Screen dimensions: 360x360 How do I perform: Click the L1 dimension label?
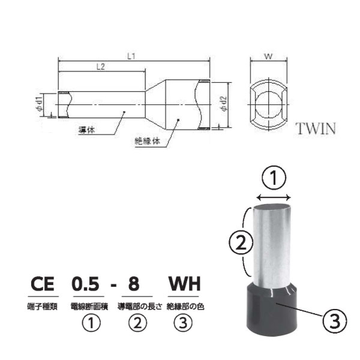click(x=131, y=56)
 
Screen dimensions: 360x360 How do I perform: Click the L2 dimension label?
click(x=101, y=67)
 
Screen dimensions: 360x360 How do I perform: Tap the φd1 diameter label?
click(x=39, y=104)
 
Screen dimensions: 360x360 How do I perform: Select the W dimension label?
click(x=268, y=56)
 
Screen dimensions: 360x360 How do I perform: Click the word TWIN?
click(x=316, y=128)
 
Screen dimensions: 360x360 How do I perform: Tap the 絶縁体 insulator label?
click(x=147, y=141)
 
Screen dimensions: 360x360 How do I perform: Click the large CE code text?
click(x=43, y=284)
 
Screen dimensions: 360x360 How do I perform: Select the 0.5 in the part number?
click(x=86, y=284)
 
